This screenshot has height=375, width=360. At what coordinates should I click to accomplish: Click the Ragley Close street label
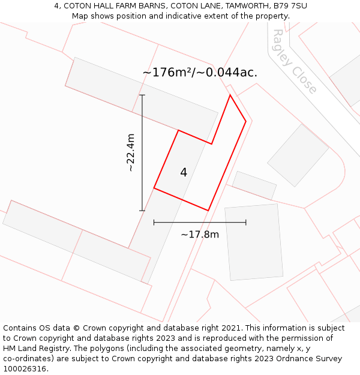point(294,62)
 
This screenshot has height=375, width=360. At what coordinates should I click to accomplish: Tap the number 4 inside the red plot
point(184,173)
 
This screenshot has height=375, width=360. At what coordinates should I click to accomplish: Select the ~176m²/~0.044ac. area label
point(200,73)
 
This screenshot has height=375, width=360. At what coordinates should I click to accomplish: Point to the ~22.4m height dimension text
point(130,152)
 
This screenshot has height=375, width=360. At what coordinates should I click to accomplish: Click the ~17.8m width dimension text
point(200,234)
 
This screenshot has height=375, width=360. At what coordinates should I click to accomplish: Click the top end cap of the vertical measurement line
point(142,95)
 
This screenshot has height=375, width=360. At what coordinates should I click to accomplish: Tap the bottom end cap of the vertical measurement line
point(142,211)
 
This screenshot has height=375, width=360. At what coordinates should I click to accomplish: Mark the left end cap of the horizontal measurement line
point(154,223)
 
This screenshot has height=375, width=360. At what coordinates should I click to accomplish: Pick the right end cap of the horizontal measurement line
point(246,223)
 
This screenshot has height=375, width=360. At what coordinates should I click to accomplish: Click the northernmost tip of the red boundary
point(230,95)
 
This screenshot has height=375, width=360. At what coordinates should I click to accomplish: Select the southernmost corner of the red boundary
point(208,210)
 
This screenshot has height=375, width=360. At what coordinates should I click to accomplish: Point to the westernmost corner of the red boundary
point(154,188)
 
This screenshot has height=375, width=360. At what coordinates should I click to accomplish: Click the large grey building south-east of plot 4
point(253,242)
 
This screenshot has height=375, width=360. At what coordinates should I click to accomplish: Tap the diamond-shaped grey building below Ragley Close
point(298,155)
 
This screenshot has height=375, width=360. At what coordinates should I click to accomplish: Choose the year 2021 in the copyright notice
point(229,328)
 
